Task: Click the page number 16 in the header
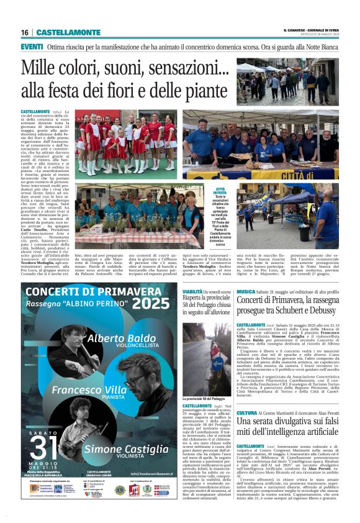pyautogui.click(x=24, y=32)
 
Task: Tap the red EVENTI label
pyautogui.click(x=32, y=47)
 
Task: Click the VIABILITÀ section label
pyautogui.click(x=193, y=291)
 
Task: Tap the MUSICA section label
pyautogui.click(x=246, y=291)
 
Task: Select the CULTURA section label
pyautogui.click(x=247, y=413)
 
